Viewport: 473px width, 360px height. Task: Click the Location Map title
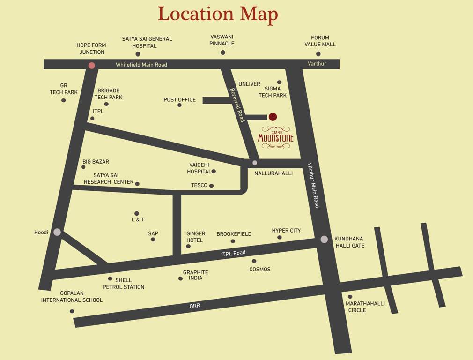click(x=218, y=15)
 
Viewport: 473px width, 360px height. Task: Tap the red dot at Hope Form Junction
click(x=92, y=65)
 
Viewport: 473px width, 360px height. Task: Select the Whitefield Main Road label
click(x=141, y=65)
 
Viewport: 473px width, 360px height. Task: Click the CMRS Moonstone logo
click(x=276, y=137)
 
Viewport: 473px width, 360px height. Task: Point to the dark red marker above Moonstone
click(x=273, y=117)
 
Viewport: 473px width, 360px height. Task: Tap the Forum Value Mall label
click(x=320, y=41)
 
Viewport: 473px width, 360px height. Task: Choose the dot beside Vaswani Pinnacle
click(x=223, y=52)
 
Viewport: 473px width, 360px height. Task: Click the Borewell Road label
click(x=237, y=105)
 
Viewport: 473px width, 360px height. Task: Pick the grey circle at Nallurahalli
click(x=255, y=163)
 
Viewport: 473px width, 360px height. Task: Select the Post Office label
click(x=179, y=100)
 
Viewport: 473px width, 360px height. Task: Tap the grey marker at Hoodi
click(x=57, y=232)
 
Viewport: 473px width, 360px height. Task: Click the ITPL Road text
click(x=233, y=254)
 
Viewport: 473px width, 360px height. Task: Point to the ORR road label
click(x=195, y=306)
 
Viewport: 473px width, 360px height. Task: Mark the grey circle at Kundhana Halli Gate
click(x=324, y=240)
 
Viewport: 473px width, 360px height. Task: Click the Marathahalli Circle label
click(x=365, y=307)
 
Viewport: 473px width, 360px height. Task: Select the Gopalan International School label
click(x=72, y=297)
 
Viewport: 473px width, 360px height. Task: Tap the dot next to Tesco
click(x=212, y=186)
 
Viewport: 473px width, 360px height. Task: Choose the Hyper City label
click(x=286, y=231)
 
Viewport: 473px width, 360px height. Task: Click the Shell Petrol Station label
click(x=124, y=284)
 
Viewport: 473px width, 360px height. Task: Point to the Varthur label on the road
click(x=317, y=64)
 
